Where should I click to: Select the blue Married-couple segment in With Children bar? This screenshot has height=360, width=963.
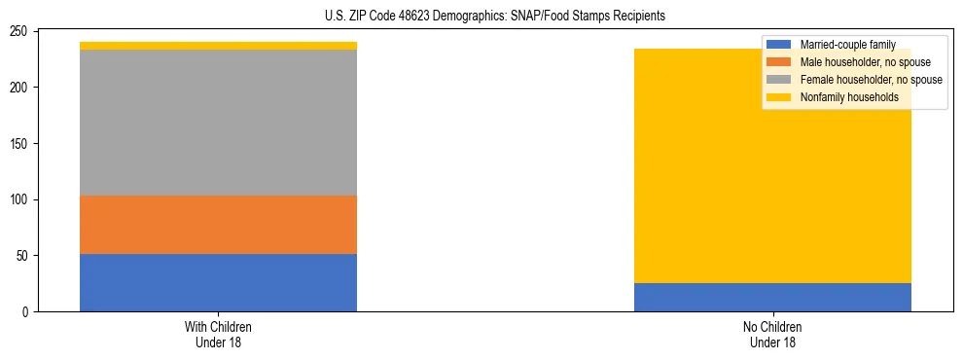[x=218, y=282]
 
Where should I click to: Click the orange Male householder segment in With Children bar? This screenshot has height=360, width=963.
[x=218, y=225]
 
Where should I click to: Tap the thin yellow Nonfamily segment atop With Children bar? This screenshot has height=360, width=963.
[x=218, y=46]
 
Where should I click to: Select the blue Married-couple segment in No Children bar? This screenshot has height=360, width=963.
[x=772, y=297]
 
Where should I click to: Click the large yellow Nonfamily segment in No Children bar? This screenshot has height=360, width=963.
[x=681, y=165]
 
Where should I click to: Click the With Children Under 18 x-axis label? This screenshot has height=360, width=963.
[x=218, y=334]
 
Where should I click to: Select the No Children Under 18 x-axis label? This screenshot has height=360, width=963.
[x=772, y=334]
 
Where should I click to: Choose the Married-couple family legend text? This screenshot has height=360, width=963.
[x=847, y=45]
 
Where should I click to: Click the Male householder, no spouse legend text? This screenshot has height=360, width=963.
[x=864, y=62]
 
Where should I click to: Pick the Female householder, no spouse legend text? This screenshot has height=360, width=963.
[x=871, y=80]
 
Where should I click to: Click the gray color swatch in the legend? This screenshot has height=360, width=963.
[x=779, y=80]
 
